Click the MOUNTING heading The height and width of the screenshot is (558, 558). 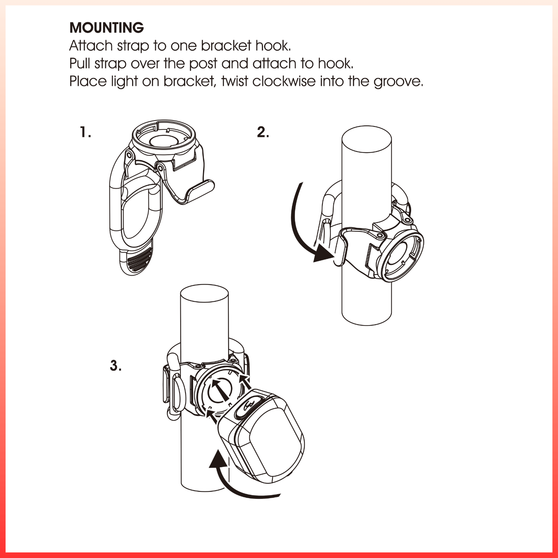(x=107, y=28)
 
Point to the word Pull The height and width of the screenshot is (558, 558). (x=80, y=63)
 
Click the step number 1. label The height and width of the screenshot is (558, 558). (x=86, y=132)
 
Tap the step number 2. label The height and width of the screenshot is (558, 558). (x=263, y=132)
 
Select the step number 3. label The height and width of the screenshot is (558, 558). (x=116, y=365)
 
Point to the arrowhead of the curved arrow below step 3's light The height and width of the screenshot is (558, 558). (x=219, y=458)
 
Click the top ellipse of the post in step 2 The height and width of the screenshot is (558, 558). (x=366, y=139)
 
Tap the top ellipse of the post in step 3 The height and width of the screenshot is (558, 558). (x=204, y=296)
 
